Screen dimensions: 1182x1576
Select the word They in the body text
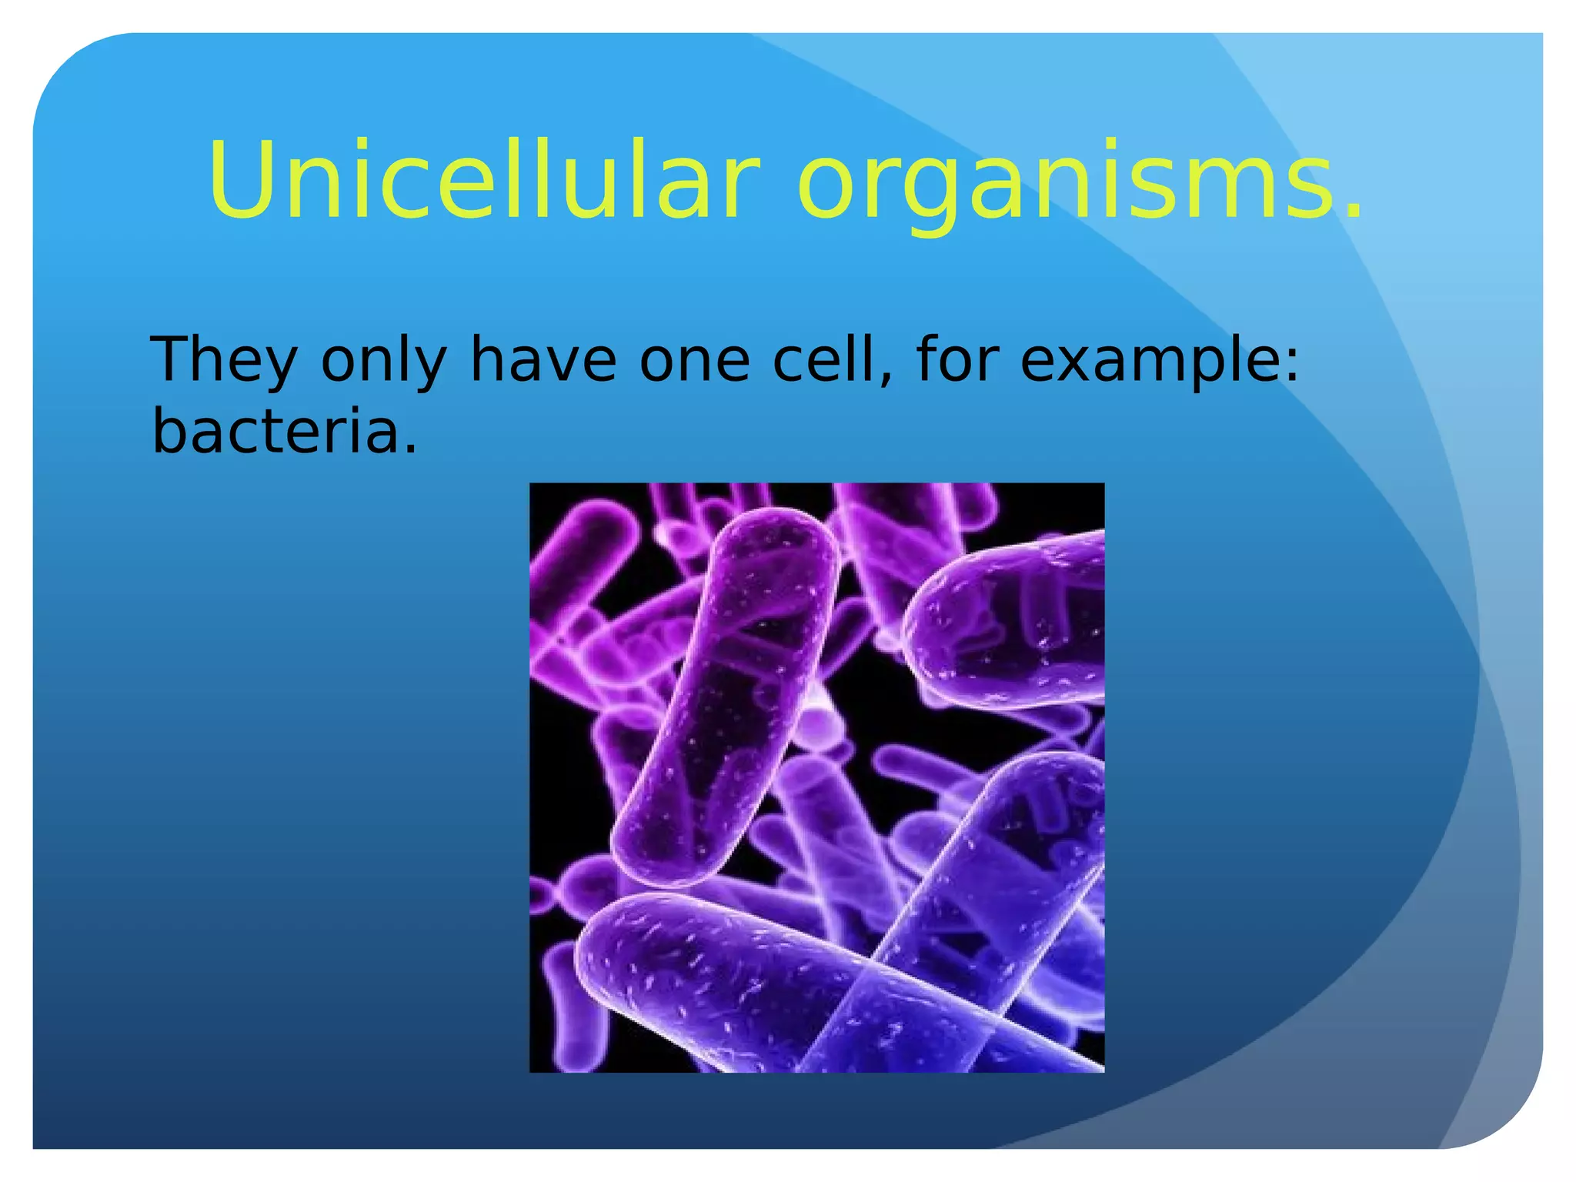click(224, 360)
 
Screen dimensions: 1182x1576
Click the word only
click(383, 360)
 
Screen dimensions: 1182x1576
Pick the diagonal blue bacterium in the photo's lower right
click(993, 885)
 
